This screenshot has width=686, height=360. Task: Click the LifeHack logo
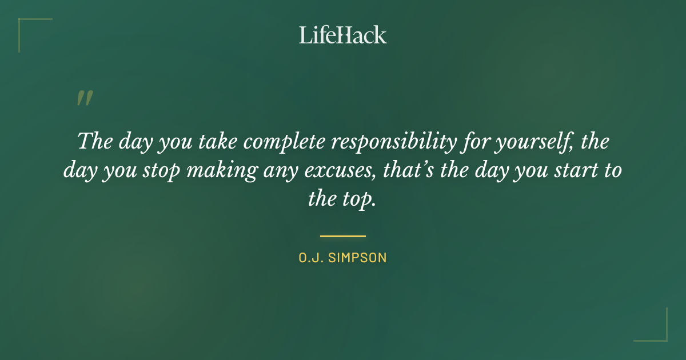(342, 35)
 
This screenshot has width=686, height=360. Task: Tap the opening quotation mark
(84, 99)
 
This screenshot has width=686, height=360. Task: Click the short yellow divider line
(342, 235)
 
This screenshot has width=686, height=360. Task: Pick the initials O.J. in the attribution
(311, 258)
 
